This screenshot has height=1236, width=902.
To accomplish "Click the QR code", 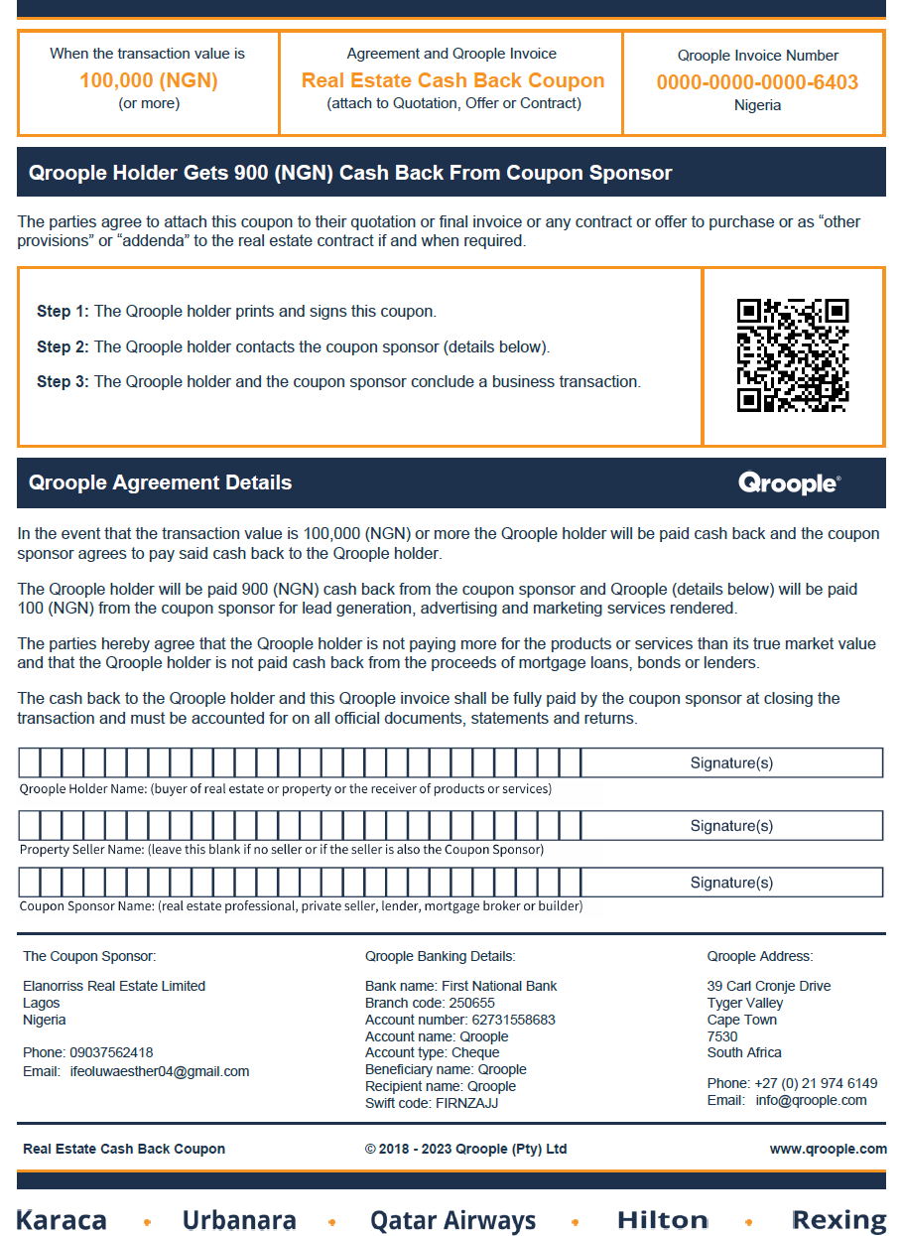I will (793, 355).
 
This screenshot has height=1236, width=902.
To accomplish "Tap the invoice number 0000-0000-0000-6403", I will (757, 82).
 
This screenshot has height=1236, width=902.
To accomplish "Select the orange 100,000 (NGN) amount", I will (149, 80).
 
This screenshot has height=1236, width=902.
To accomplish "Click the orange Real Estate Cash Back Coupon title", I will (452, 80).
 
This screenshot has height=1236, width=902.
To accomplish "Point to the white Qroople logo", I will (789, 483).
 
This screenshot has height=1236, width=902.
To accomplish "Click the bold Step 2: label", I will (63, 346).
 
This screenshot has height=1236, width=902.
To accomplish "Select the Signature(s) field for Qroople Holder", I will (731, 763).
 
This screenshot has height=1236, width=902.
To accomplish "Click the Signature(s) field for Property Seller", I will (731, 826).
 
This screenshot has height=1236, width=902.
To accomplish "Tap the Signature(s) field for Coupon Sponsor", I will (731, 883).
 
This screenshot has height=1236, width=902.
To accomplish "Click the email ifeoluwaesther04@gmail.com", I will (160, 1071).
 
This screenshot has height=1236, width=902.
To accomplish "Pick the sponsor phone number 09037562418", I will (111, 1052).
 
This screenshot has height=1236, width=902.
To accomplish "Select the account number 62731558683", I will (513, 1020).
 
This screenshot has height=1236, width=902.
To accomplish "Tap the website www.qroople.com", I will (828, 1149).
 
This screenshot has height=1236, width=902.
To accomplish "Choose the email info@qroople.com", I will (811, 1100).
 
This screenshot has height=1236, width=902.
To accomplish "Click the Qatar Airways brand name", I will (452, 1220).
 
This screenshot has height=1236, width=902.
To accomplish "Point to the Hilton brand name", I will (662, 1220).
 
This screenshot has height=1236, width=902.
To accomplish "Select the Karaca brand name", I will (62, 1220).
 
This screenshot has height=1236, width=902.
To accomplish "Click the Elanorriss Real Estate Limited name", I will (114, 986).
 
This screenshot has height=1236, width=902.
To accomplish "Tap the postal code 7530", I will (722, 1036).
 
